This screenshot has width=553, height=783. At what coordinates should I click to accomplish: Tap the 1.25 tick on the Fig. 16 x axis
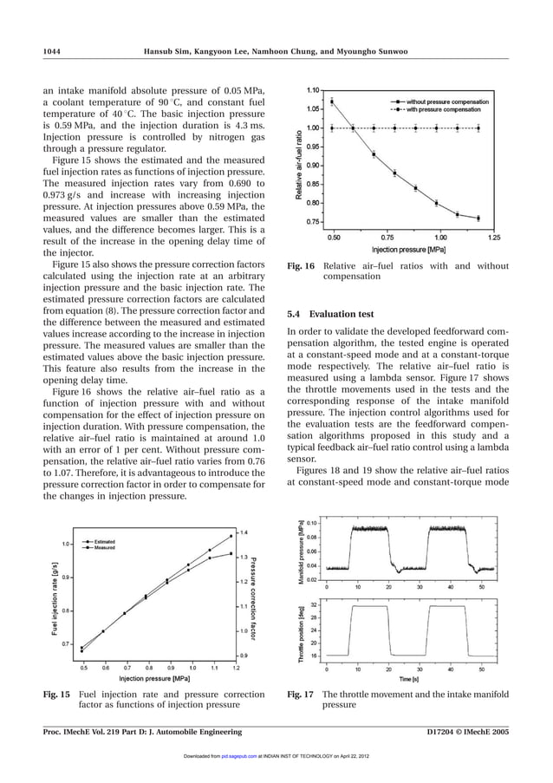(x=493, y=236)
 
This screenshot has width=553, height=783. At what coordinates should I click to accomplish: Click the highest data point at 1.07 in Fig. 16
(x=333, y=101)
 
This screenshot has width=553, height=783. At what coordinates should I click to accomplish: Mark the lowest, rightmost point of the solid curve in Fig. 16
(x=478, y=218)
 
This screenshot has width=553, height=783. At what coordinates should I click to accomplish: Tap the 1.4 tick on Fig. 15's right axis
(x=244, y=532)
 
